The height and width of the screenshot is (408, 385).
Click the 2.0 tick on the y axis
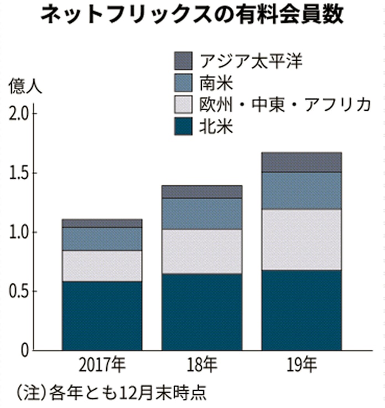[17, 114]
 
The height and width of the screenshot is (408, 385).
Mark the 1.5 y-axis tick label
[17, 173]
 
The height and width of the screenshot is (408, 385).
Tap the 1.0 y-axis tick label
[17, 233]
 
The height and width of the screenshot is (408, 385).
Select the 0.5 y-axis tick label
[17, 292]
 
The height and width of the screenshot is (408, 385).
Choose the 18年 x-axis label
[201, 366]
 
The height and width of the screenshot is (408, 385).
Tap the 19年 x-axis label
[301, 366]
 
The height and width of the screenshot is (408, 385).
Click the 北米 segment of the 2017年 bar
[102, 316]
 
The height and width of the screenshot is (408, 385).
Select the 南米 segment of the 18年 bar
[201, 214]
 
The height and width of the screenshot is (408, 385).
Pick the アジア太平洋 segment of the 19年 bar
[301, 162]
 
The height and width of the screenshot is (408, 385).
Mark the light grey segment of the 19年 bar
[301, 240]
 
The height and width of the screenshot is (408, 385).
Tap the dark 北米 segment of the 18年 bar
[201, 312]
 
